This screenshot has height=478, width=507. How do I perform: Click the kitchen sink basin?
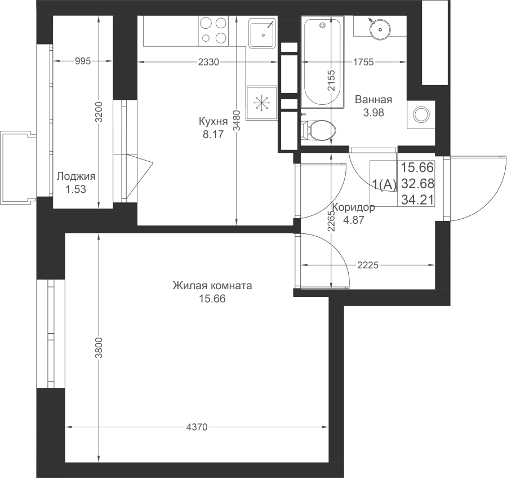(x=263, y=33)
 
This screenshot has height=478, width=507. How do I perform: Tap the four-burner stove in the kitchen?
(x=214, y=31)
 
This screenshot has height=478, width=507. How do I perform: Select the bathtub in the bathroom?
(x=322, y=62)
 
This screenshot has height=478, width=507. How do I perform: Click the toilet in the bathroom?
(x=319, y=130)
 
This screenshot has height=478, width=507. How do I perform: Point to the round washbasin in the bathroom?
(x=380, y=29)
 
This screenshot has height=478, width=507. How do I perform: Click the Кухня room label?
(x=213, y=122)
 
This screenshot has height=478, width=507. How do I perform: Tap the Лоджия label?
(x=76, y=176)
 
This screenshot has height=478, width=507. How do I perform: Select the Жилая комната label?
(x=212, y=286)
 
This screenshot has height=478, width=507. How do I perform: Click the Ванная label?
(x=373, y=99)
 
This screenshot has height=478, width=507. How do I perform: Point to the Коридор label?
(x=354, y=207)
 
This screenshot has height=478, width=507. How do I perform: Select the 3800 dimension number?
(x=99, y=347)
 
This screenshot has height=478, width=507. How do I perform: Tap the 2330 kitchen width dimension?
(x=208, y=61)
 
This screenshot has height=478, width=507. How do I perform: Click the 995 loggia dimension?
(x=83, y=61)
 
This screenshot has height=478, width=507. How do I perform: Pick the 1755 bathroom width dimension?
(x=363, y=61)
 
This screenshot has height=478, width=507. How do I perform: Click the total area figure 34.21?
(x=417, y=200)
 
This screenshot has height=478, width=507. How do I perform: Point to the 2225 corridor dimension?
(x=368, y=265)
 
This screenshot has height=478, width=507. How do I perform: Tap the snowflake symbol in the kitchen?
(x=261, y=103)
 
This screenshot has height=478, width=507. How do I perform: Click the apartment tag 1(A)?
(x=384, y=184)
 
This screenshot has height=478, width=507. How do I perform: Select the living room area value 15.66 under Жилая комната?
(x=212, y=299)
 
